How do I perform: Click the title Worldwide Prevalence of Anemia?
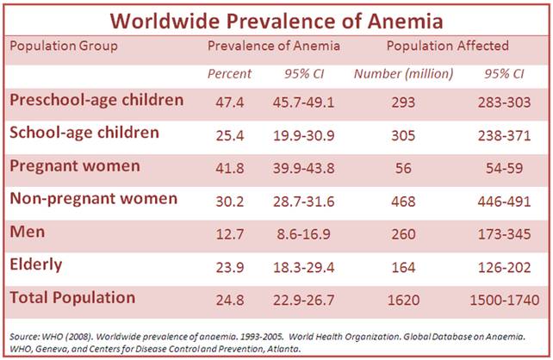276,19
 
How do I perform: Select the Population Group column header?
64,46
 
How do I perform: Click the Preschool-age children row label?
96,101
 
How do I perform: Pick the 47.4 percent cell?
230,102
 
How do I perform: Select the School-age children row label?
84,133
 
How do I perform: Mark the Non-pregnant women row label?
93,199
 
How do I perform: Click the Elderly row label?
35,265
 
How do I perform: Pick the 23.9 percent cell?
230,266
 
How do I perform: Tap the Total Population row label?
72,298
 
